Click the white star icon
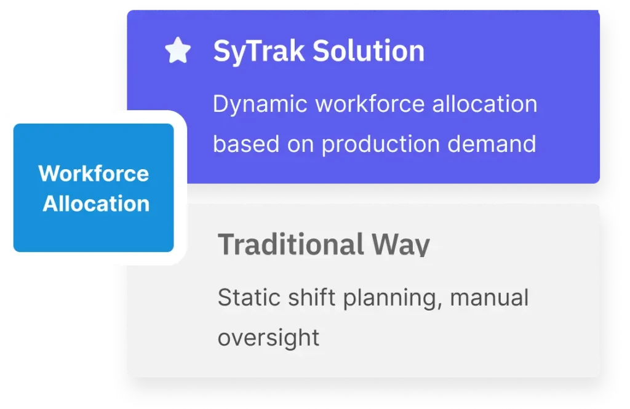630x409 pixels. point(178,50)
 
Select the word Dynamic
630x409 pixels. point(260,105)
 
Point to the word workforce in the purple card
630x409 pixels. point(370,104)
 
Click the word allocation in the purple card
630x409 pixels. point(485,104)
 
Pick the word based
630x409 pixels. point(246,144)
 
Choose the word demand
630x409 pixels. point(492,144)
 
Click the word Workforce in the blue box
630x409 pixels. point(94,173)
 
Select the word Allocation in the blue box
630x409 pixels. point(96,204)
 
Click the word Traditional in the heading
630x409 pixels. point(290,244)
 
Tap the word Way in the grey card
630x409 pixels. point(401,245)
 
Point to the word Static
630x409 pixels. point(249,297)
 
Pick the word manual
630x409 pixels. point(489,297)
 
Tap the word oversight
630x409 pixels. point(268,338)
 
